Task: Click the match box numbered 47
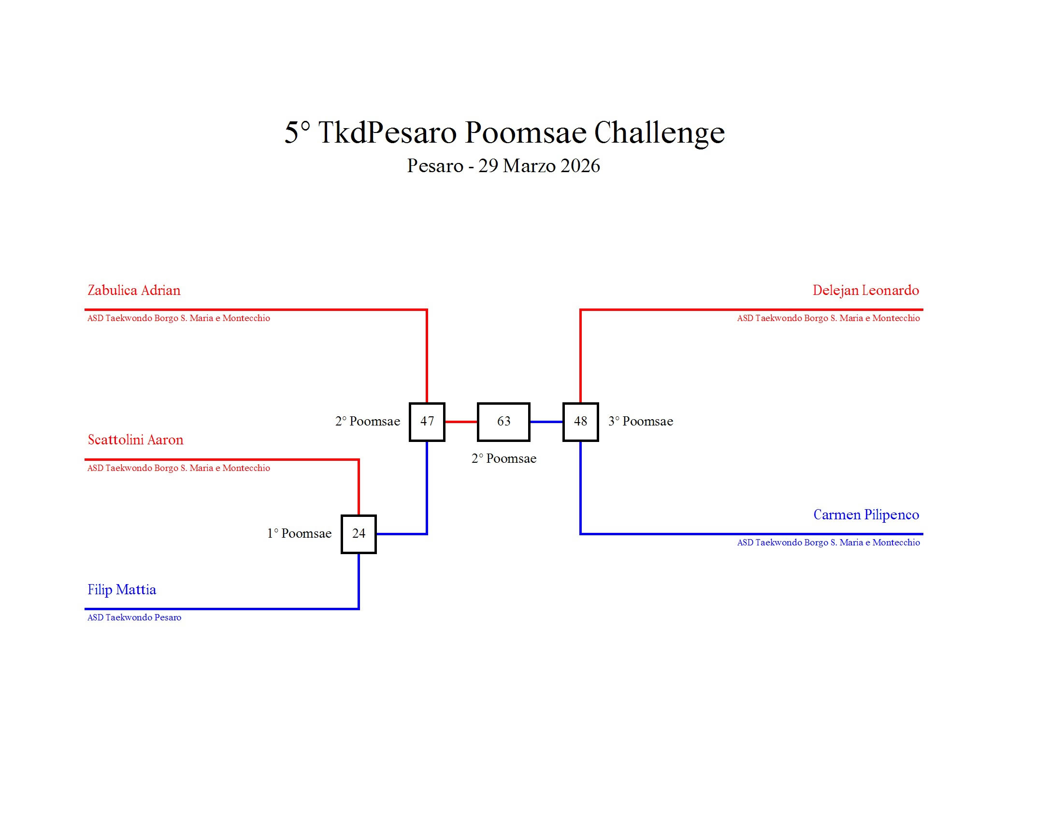(427, 422)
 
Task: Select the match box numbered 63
(503, 422)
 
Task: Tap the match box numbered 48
(580, 422)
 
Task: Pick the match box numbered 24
(359, 534)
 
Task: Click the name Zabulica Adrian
(134, 291)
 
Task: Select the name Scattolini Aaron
(135, 440)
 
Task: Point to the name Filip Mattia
(122, 590)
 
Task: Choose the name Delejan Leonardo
(865, 291)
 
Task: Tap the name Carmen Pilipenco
(866, 515)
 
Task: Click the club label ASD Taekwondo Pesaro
(134, 617)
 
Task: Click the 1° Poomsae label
(299, 534)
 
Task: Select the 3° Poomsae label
(641, 422)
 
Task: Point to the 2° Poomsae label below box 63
(504, 459)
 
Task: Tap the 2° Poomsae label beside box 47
(368, 422)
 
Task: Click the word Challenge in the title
(660, 132)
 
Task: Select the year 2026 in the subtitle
(580, 166)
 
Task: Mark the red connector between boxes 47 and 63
(461, 422)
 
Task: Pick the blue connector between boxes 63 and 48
(546, 422)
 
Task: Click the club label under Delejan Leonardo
(828, 319)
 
